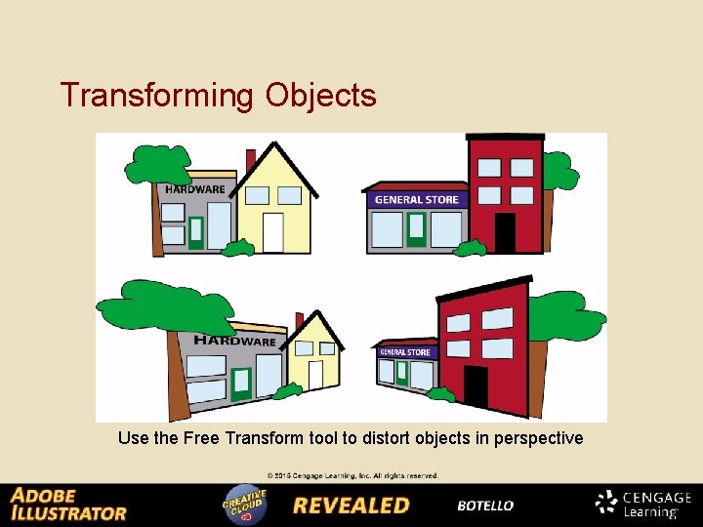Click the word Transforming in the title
coord(156,96)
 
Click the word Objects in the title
coord(319,96)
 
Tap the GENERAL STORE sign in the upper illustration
coord(417,199)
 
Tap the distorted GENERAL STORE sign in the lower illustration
coord(405,352)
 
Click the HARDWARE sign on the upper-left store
coord(195,189)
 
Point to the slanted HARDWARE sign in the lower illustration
coord(234,341)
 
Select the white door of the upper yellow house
coord(273,232)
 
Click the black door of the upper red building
coord(505,232)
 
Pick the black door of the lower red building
coord(476,386)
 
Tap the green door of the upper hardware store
coord(196,232)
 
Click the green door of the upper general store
coord(417,228)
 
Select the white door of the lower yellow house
coord(315,375)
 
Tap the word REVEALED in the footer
coord(351,506)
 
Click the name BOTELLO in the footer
coord(485,506)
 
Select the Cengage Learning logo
coord(643,504)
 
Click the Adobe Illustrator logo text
coord(68,504)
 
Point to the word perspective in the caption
coord(531,438)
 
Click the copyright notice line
coord(352,476)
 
